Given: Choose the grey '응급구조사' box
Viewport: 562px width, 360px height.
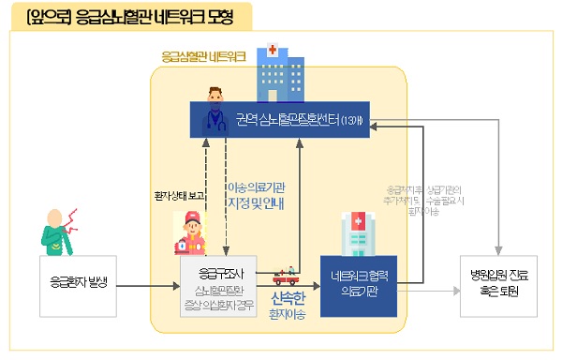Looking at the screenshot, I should click(223, 284).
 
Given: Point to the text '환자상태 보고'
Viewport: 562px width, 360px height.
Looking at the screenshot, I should click(179, 196).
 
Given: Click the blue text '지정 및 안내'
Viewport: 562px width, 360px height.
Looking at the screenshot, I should click(257, 202).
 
